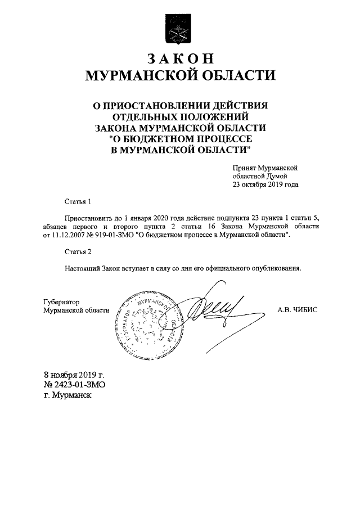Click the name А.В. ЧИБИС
(x=298, y=310)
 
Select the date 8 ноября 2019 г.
(x=74, y=375)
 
